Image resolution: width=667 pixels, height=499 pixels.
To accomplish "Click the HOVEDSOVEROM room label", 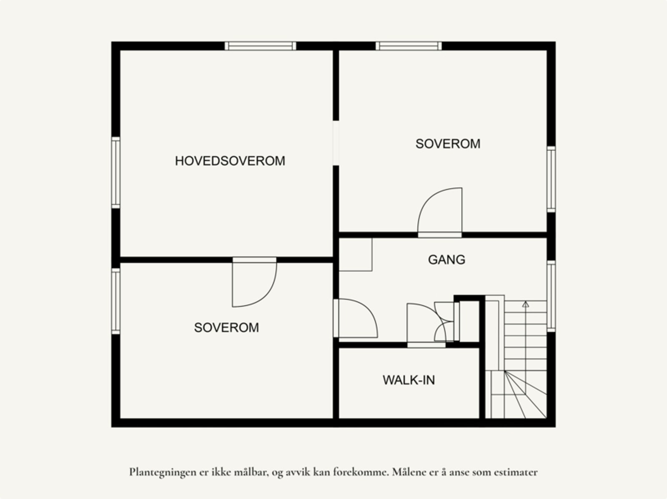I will pos(230,161).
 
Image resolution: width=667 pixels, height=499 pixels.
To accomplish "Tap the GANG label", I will pos(446,260).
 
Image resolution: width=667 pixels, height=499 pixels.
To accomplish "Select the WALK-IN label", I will pos(409,380).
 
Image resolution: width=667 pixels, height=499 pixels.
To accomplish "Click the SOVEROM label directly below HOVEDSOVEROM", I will pos(226,328).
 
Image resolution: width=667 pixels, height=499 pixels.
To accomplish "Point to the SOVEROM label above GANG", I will pos(448,144).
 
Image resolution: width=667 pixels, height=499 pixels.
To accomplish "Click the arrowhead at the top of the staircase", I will pos(526,304).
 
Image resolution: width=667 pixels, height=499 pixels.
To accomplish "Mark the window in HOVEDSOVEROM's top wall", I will pos(261,46).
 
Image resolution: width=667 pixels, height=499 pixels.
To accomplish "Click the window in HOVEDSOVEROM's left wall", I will pos(116,172).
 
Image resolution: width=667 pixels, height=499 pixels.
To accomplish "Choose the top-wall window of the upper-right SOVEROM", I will pos(409,46).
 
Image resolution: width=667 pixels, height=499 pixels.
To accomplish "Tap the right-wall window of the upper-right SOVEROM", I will pos(551,179).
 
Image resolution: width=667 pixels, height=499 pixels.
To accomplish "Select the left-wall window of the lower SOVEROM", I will pos(116,301).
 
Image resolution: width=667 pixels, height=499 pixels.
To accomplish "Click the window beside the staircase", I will pos(551,296).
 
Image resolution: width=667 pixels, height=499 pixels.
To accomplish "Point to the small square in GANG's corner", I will pos(356,254).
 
